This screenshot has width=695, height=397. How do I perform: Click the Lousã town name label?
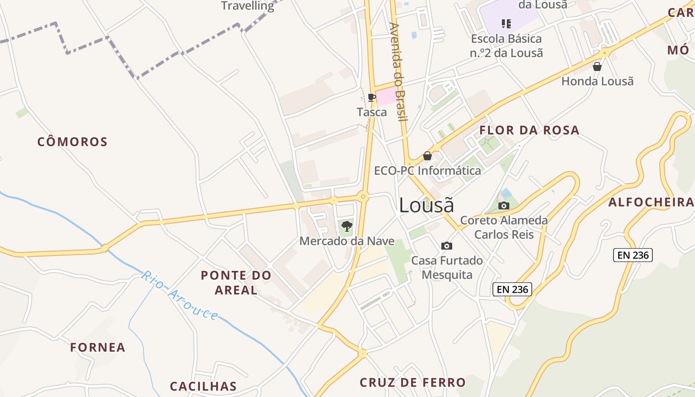tap(426, 205)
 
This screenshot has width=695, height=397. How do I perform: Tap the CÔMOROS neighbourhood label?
tap(72, 142)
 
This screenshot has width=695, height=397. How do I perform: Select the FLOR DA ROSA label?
tap(529, 131)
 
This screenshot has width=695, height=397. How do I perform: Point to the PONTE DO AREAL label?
tap(236, 282)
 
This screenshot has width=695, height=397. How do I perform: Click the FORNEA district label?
tap(98, 347)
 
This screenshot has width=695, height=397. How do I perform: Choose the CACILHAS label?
tap(203, 386)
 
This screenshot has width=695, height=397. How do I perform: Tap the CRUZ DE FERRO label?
tap(413, 382)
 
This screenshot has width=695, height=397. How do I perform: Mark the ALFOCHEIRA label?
tap(651, 202)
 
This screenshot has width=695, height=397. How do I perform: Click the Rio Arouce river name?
tap(180, 295)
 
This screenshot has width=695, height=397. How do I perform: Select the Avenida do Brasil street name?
tap(398, 71)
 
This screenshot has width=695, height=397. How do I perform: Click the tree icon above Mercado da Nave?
tap(347, 227)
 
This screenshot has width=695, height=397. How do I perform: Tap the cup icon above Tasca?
tap(371, 97)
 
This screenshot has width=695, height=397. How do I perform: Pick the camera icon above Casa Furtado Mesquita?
tap(447, 246)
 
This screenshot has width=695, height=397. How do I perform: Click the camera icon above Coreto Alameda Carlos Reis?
tap(504, 205)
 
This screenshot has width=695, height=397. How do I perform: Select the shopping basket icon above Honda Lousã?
tap(597, 66)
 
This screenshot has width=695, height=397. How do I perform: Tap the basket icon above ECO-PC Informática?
tap(427, 156)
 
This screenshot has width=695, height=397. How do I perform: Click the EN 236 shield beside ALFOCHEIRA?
tap(633, 255)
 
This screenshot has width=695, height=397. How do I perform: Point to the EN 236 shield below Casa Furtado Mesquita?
tap(512, 289)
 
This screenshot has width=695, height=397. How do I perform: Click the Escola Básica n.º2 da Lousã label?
tap(506, 46)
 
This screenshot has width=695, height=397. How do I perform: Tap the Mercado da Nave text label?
tap(347, 242)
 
